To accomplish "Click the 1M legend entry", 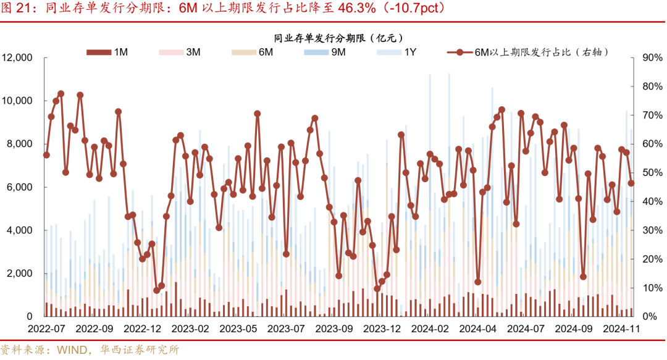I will pos(107,52).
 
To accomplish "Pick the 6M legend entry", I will pos(253,52).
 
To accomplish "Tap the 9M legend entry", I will pos(325,52).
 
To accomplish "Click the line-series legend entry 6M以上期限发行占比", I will pos(531,52).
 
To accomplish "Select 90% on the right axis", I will pos(652,58).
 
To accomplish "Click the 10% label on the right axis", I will pos(652,288).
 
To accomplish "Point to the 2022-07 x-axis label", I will pos(46,330).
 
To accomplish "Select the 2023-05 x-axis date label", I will pos(238,330).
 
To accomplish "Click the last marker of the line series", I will pos(631,183).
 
